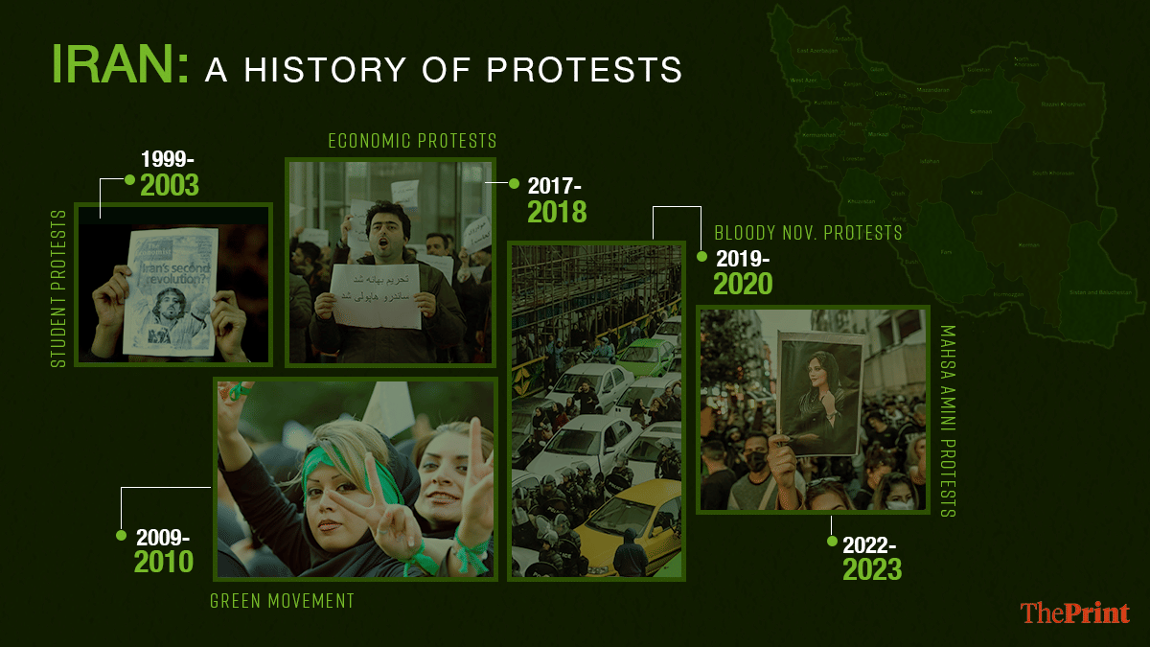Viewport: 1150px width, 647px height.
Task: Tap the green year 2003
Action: coord(170,185)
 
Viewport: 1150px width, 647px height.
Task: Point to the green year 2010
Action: coord(164,561)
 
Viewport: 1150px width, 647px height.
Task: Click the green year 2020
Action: coord(743,284)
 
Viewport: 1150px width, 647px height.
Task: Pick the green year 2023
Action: coord(872,570)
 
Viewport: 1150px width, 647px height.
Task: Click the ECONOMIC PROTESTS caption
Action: coord(412,142)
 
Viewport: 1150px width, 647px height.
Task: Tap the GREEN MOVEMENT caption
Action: coord(282,602)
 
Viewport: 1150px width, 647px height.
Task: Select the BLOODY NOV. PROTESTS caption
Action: coord(808,233)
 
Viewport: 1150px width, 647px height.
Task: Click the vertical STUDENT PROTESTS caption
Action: coord(59,288)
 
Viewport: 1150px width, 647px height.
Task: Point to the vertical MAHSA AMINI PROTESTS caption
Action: coord(948,421)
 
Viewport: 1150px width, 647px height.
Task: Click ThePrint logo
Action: coord(1074,612)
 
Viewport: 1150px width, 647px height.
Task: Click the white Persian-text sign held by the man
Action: coord(375,295)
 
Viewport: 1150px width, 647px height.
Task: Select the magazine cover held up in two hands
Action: coord(170,292)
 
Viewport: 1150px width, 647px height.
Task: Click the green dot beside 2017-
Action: coord(513,182)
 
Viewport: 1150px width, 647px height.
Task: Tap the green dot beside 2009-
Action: coord(122,535)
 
